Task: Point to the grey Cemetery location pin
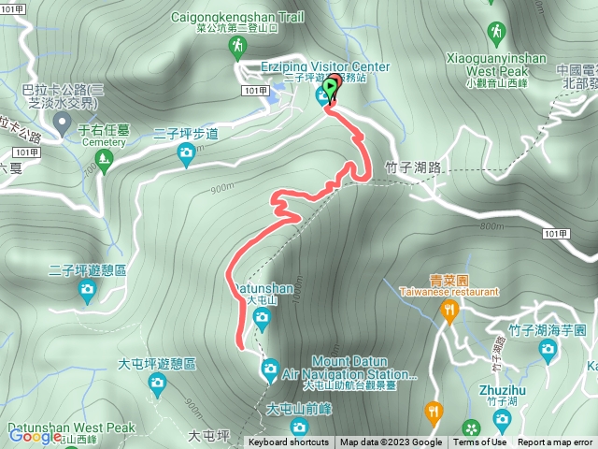[x=62, y=123]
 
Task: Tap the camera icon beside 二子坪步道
[x=186, y=152]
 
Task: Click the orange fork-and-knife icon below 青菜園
[x=449, y=311]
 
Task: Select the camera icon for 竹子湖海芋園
[x=548, y=350]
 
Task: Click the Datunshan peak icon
[x=262, y=321]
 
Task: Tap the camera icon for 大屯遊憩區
[x=156, y=382]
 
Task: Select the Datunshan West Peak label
[x=72, y=427]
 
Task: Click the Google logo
[x=35, y=436]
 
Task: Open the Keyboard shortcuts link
[x=289, y=442]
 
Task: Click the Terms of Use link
[x=480, y=442]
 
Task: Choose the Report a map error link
[x=555, y=442]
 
